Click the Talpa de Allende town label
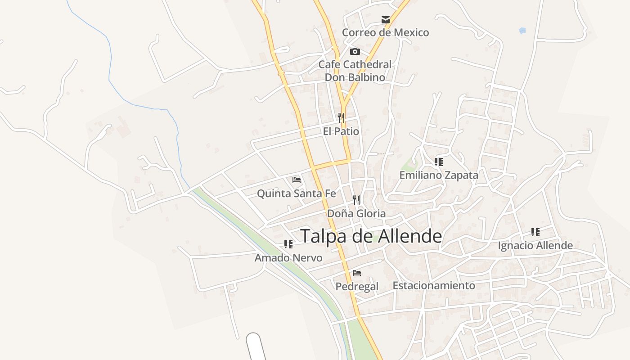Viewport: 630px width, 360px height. [x=371, y=236]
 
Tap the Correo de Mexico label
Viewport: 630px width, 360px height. [x=385, y=32]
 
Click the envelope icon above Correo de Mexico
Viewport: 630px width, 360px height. [x=386, y=20]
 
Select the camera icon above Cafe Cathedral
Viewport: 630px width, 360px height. [x=355, y=51]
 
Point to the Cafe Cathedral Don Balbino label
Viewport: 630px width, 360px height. [x=355, y=71]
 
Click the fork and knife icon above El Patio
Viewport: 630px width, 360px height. [x=341, y=118]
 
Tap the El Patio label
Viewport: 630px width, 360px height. [x=341, y=131]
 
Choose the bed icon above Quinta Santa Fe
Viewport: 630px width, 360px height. [x=297, y=180]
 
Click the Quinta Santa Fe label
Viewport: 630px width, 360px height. [x=296, y=193]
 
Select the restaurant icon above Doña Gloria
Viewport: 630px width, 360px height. [x=356, y=200]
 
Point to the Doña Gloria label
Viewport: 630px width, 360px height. [x=356, y=213]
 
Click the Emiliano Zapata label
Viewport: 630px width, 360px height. [x=439, y=175]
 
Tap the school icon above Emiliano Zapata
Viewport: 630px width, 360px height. [x=439, y=162]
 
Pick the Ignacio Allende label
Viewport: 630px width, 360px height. [x=535, y=245]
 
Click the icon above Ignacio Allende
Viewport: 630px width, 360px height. [x=535, y=232]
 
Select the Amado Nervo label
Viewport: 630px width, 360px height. [x=288, y=258]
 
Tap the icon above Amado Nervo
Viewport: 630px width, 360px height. [x=288, y=244]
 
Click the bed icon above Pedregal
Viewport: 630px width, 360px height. [x=357, y=273]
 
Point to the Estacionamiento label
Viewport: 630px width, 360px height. [x=434, y=285]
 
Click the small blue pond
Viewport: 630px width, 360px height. [x=522, y=31]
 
